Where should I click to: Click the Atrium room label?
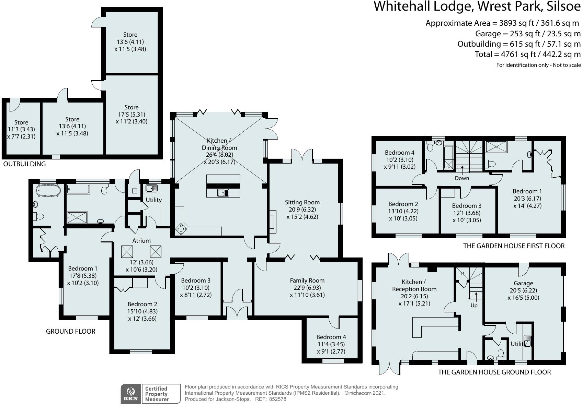(141, 241)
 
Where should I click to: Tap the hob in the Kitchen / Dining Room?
(181, 229)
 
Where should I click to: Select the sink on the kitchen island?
(223, 193)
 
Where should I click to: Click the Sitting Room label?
(302, 202)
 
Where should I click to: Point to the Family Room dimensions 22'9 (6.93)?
(307, 295)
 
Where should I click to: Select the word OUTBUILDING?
(24, 164)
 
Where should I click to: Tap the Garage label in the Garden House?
(523, 283)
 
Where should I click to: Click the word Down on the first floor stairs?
(462, 178)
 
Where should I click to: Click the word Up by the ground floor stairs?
(474, 305)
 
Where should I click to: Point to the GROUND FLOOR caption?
(70, 331)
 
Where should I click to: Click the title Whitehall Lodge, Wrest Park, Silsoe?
(477, 7)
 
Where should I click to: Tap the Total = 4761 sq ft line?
(527, 54)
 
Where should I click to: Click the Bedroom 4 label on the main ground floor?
(331, 337)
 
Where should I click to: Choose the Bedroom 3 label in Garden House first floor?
(467, 206)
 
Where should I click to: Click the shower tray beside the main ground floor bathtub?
(77, 217)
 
